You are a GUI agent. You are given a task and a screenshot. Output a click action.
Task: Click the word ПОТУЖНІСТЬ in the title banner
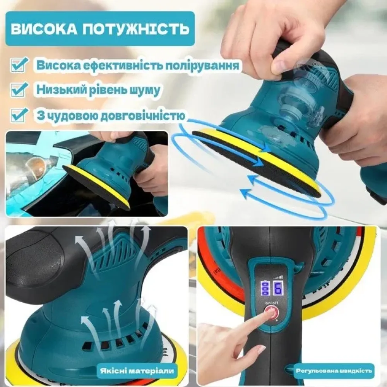135,29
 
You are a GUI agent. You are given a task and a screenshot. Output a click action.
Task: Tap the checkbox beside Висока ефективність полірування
19,64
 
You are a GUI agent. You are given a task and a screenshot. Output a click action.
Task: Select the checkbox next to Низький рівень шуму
19,89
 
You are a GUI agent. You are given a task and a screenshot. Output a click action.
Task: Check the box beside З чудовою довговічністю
19,115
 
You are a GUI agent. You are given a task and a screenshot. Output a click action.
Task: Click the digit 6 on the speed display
278,289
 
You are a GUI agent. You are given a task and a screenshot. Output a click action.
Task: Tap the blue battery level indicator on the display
265,289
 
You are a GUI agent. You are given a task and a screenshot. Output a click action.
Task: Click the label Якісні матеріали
137,371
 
